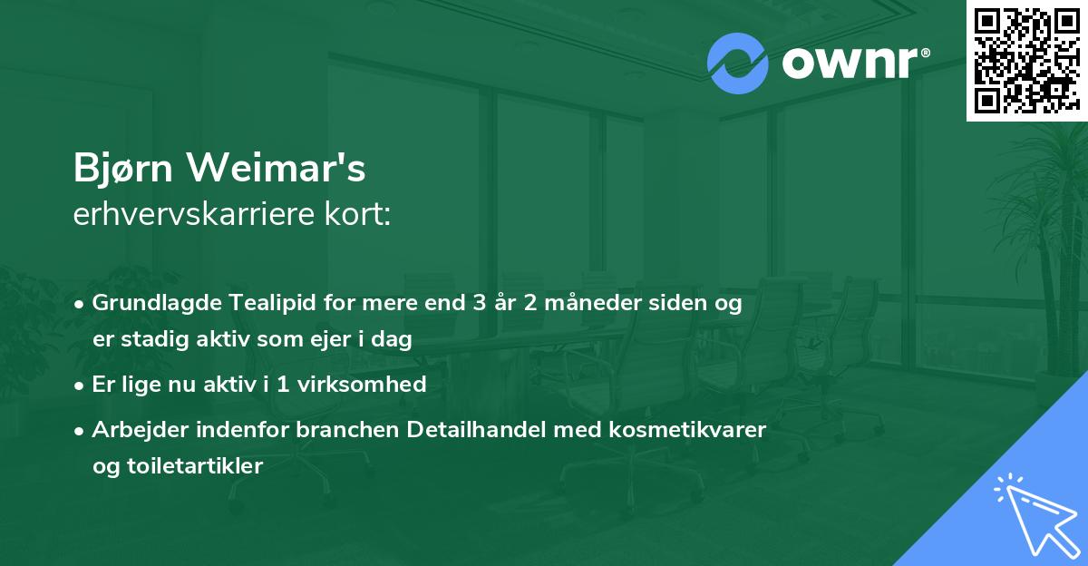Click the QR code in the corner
(x=1026, y=60)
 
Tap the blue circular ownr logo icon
(x=737, y=63)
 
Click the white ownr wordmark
(x=850, y=63)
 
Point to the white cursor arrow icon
(x=1035, y=515)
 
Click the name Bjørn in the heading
(x=123, y=168)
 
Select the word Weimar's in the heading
(x=277, y=168)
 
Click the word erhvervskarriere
(x=194, y=214)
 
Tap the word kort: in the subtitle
(x=357, y=214)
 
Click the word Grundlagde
(x=157, y=303)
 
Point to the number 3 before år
(x=479, y=303)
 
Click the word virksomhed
(x=362, y=385)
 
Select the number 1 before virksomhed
(x=283, y=385)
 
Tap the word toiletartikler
(x=195, y=466)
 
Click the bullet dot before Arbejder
(x=79, y=431)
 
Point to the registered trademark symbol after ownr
(x=925, y=53)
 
